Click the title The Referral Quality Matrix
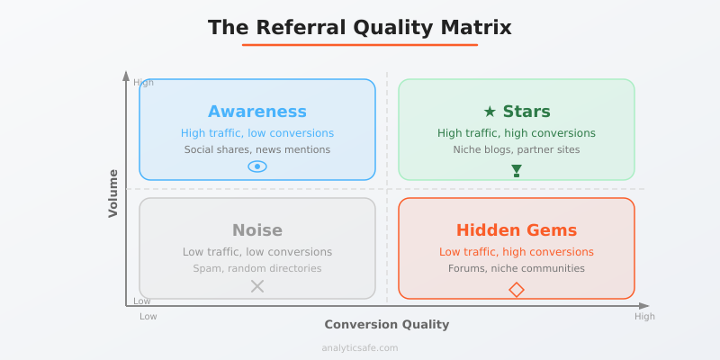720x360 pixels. click(x=360, y=28)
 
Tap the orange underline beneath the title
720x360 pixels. click(x=360, y=44)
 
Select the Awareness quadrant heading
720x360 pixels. click(x=257, y=112)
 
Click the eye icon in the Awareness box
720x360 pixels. click(x=257, y=166)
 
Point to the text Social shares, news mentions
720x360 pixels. click(x=257, y=149)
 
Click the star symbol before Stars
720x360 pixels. click(x=490, y=112)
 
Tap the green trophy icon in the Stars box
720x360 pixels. click(x=517, y=170)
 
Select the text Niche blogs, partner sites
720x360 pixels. click(x=517, y=149)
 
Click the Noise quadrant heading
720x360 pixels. click(x=257, y=230)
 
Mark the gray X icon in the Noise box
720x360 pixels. click(x=257, y=286)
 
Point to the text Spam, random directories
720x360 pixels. click(x=257, y=268)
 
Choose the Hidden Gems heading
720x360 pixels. click(x=517, y=230)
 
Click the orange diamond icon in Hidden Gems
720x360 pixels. click(x=517, y=289)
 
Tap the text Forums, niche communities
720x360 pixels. click(x=517, y=268)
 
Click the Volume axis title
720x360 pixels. click(x=113, y=193)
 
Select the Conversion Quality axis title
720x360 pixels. click(x=386, y=324)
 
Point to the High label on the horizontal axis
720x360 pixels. click(x=644, y=317)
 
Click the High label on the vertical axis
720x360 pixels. click(x=143, y=83)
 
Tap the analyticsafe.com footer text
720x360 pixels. click(x=360, y=347)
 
